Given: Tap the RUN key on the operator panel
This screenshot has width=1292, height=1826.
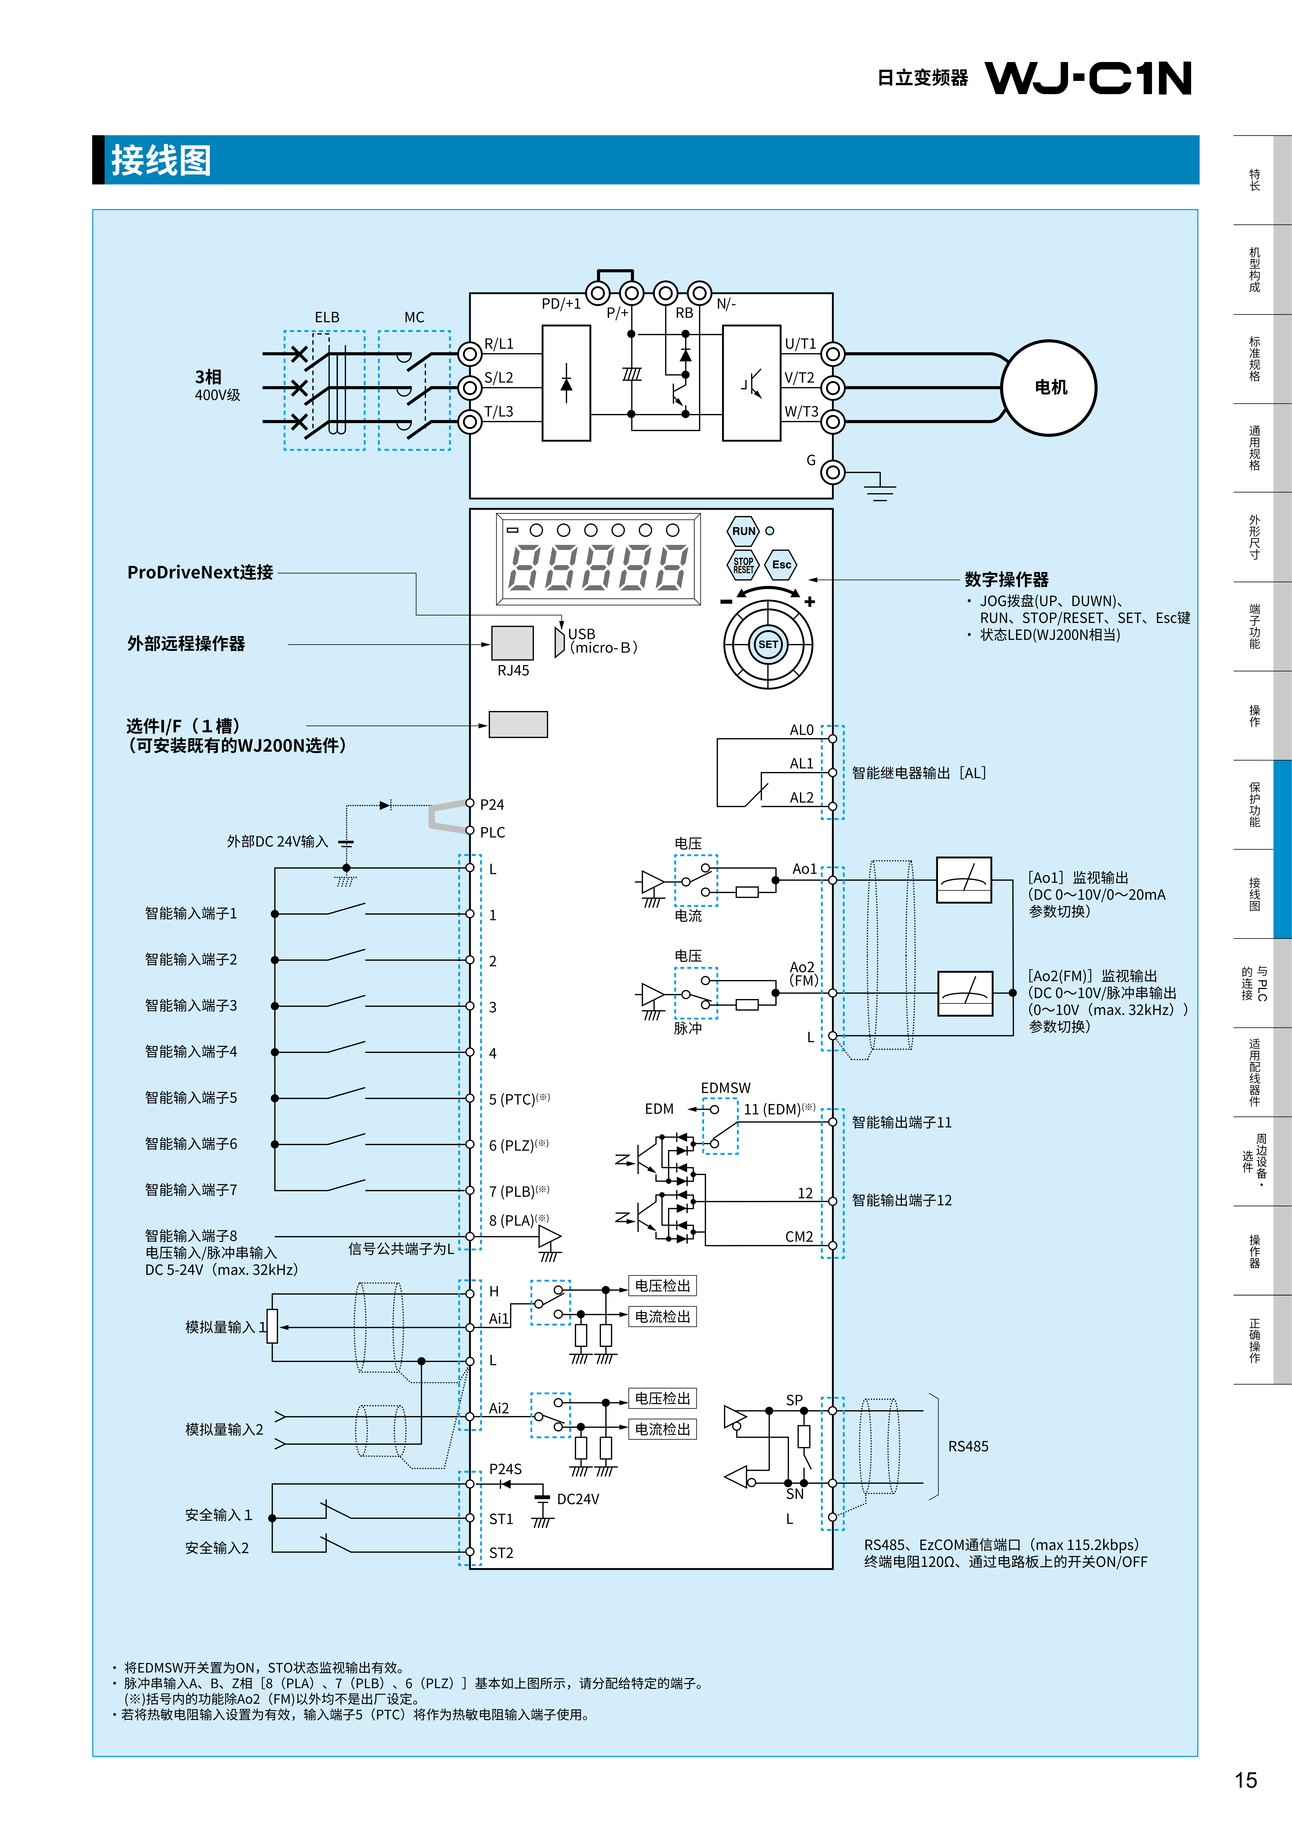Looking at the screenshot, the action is pos(744,531).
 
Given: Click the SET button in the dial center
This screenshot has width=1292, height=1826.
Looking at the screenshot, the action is pos(768,644).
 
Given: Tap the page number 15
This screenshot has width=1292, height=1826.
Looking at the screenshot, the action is pos(1246,1780).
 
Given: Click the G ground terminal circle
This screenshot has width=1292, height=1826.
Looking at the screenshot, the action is pos(832,472).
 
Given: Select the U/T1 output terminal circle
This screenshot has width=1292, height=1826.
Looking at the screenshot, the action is pos(832,354).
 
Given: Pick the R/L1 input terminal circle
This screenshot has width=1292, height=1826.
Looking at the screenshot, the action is pos(470,354).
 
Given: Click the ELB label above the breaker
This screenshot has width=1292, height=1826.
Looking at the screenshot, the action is pos(327,317).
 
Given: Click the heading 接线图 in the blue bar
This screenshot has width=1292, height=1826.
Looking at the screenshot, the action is pos(162,160).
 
